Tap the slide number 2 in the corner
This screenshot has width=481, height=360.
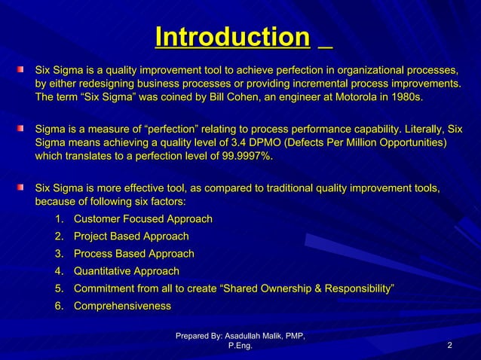pyautogui.click(x=449, y=346)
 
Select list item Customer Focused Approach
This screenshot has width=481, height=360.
pyautogui.click(x=142, y=219)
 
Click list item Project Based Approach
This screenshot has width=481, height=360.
pyautogui.click(x=131, y=236)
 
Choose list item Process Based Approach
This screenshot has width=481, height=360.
pyautogui.click(x=133, y=254)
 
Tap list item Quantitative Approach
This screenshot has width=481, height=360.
pyautogui.click(x=127, y=271)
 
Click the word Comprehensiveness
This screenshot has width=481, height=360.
pyautogui.click(x=122, y=306)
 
